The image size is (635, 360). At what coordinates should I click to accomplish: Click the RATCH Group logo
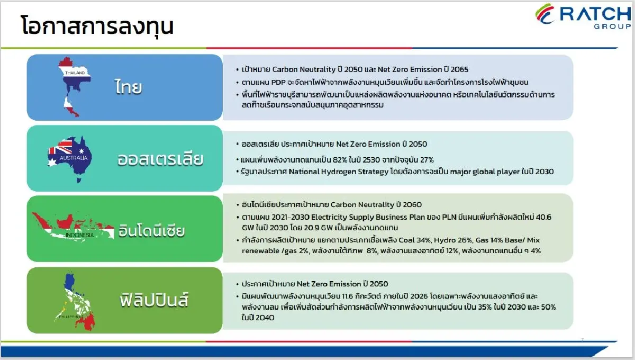tap(583, 16)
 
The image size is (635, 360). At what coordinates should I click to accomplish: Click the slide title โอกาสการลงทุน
tap(97, 26)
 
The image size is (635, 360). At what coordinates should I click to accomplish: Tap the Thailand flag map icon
tap(75, 87)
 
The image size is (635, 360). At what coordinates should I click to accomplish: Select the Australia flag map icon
tap(70, 159)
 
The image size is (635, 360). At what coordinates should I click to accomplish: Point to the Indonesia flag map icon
tap(72, 227)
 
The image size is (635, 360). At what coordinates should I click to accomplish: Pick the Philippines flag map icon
tap(75, 302)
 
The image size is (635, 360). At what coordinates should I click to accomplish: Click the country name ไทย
tap(129, 87)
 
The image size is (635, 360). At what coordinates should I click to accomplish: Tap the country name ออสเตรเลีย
tap(160, 159)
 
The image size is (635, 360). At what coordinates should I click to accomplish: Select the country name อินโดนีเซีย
tap(152, 230)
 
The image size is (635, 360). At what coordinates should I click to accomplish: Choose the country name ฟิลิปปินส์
tap(154, 300)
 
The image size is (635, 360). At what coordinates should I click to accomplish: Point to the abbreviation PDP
tap(278, 82)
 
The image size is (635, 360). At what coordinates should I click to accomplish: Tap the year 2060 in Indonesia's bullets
tap(412, 204)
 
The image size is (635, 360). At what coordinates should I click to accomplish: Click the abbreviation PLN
tap(449, 217)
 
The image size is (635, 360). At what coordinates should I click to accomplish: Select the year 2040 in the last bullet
tap(265, 318)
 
